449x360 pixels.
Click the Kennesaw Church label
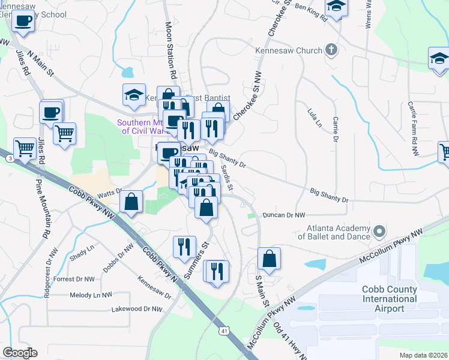(289, 51)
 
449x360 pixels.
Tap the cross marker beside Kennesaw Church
(331, 50)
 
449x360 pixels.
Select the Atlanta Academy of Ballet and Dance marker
(379, 231)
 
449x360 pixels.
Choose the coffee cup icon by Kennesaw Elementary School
(23, 21)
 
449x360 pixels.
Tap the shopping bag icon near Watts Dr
(131, 202)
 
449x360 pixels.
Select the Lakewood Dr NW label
(137, 310)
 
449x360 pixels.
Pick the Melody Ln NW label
(91, 295)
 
